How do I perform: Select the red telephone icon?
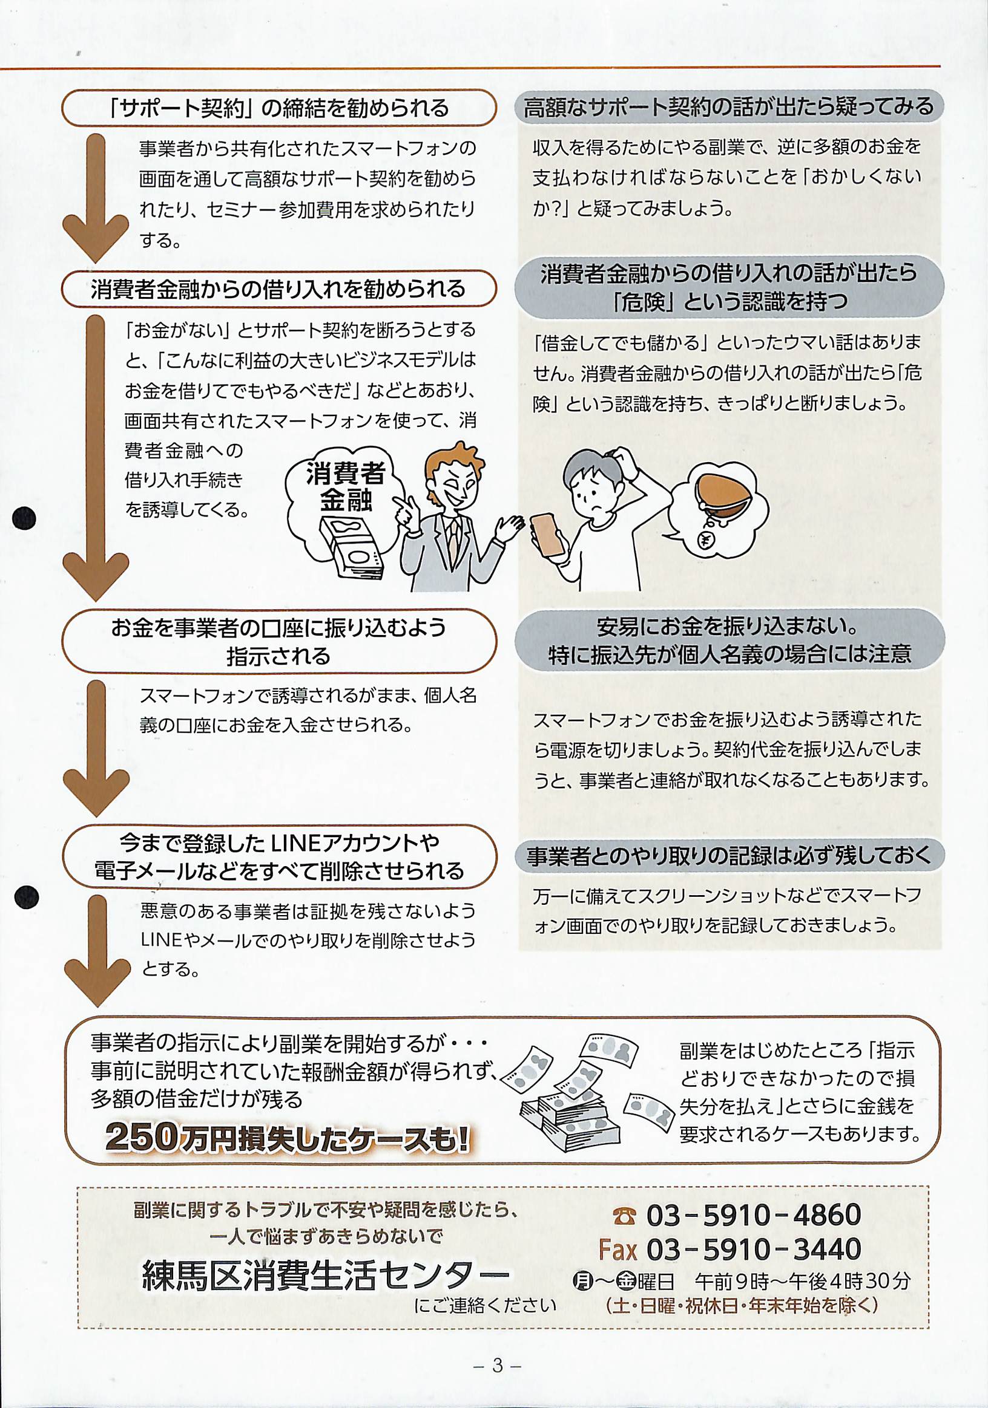coord(624,1215)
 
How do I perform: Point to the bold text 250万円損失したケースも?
coord(288,1136)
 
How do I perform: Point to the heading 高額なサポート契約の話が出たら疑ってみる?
coord(728,107)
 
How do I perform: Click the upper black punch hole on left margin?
coord(24,518)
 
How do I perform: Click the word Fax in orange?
coord(618,1248)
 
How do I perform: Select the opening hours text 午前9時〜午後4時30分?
coord(803,1280)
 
